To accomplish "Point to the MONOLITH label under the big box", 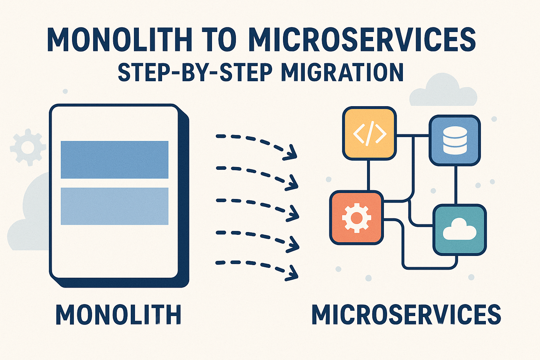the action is pyautogui.click(x=118, y=315).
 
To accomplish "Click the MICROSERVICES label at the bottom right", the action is pyautogui.click(x=406, y=315).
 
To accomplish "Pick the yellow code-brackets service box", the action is pyautogui.click(x=369, y=133).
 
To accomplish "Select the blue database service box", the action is pyautogui.click(x=455, y=140).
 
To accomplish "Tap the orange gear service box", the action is pyautogui.click(x=356, y=218).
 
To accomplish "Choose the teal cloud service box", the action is pyautogui.click(x=459, y=230).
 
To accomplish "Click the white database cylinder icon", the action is pyautogui.click(x=455, y=140).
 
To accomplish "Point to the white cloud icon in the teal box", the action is pyautogui.click(x=460, y=229).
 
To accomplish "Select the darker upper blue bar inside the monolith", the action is pyautogui.click(x=115, y=160).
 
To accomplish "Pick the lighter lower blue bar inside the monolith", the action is pyautogui.click(x=115, y=206).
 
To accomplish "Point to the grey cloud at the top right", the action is pyautogui.click(x=443, y=91).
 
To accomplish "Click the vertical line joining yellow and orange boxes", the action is pyautogui.click(x=368, y=175).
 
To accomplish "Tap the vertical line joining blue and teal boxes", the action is pyautogui.click(x=456, y=185).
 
